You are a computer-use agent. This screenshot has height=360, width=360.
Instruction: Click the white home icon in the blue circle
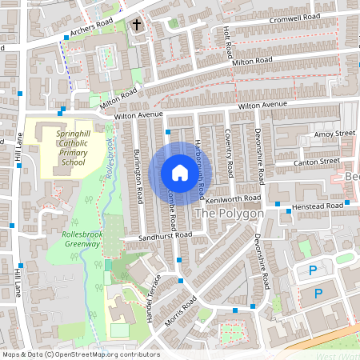click(179, 172)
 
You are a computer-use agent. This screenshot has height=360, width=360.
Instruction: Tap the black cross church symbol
click(136, 26)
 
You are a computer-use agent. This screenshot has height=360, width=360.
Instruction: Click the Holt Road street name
click(228, 43)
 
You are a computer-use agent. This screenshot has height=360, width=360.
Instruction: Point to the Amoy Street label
click(334, 134)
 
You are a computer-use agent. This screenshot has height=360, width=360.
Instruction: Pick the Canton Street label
click(318, 162)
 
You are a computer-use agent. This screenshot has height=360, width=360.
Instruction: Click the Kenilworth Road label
click(234, 198)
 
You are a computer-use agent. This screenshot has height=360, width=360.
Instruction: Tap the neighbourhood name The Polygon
click(229, 214)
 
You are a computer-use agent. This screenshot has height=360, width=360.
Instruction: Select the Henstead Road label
click(317, 206)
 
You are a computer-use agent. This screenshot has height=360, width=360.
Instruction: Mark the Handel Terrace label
click(154, 297)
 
